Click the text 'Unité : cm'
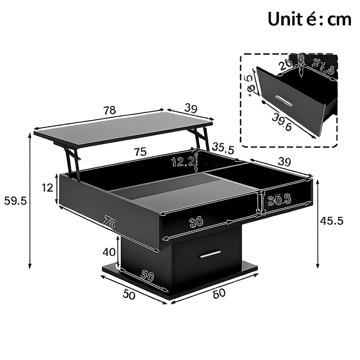tap(309, 19)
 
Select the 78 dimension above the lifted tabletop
tap(110, 110)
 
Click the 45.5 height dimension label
tap(332, 221)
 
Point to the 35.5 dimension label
tap(223, 149)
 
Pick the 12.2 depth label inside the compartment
tap(183, 162)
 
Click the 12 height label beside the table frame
tap(47, 188)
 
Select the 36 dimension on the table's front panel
tap(196, 222)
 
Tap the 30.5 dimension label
tap(279, 200)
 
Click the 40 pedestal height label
tap(109, 252)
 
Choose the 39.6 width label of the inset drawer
tap(282, 123)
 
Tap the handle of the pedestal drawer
tap(210, 254)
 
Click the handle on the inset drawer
tap(284, 100)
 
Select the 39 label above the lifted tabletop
tap(191, 109)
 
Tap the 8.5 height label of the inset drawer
tap(250, 85)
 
